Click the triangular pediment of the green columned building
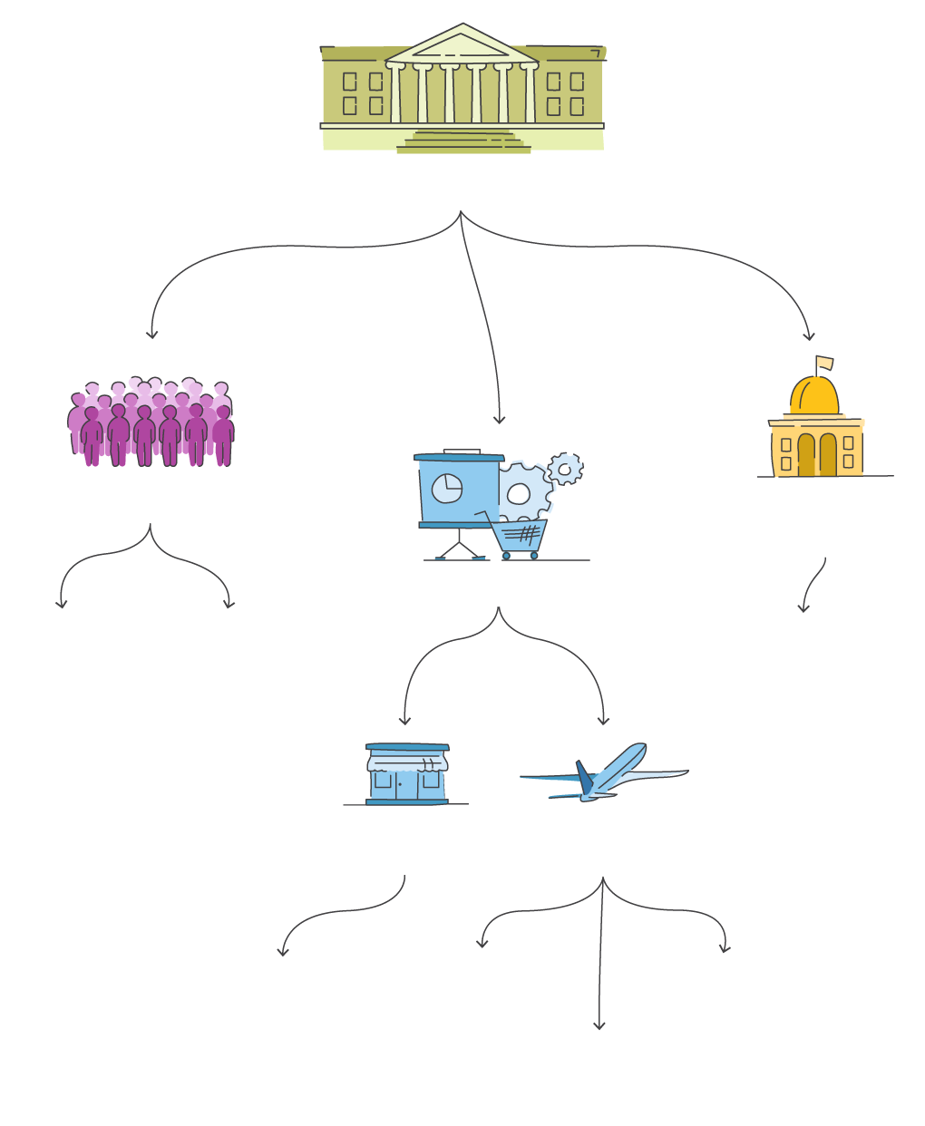coord(462,45)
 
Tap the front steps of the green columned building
coord(463,142)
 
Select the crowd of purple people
coord(151,423)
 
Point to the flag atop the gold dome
coord(823,363)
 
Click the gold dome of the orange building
coord(813,396)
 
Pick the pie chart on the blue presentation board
coord(446,489)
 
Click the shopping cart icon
coord(519,537)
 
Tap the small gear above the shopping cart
coord(566,468)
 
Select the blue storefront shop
coord(406,775)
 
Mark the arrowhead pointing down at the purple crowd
coord(151,335)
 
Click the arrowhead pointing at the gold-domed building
coord(809,337)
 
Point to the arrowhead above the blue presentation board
coord(499,420)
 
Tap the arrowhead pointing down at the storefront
coord(404,722)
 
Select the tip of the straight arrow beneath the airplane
coord(599,1026)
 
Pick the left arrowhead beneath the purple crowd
coord(62,605)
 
